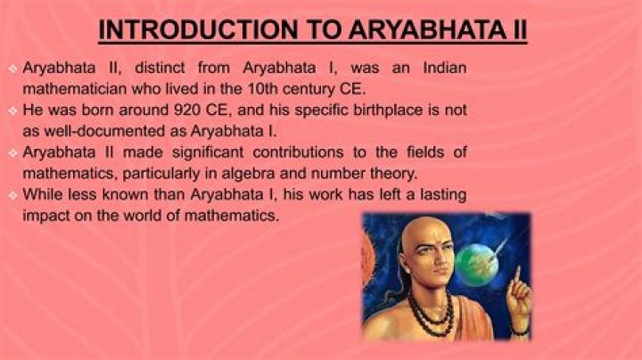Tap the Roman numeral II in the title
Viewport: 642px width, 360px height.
pyautogui.click(x=515, y=29)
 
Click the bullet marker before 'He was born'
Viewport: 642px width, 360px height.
pyautogui.click(x=12, y=110)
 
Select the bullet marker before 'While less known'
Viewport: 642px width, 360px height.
pyautogui.click(x=12, y=194)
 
